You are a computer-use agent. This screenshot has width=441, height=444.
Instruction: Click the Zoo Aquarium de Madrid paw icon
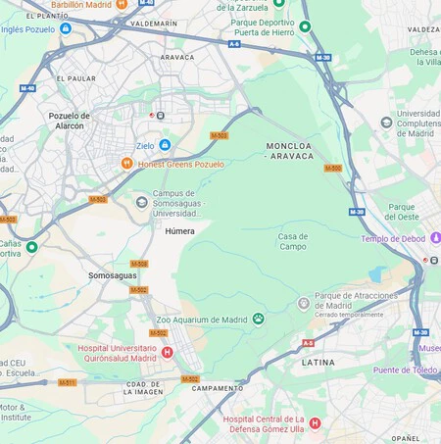(259, 319)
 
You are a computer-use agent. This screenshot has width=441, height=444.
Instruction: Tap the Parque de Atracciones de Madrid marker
(304, 304)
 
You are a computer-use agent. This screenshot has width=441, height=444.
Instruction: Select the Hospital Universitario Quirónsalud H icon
(167, 352)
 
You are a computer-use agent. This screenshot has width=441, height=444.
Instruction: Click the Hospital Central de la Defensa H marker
(315, 423)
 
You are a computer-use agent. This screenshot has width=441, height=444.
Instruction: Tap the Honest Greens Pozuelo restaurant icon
(126, 164)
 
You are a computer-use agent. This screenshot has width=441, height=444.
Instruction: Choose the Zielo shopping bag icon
(165, 145)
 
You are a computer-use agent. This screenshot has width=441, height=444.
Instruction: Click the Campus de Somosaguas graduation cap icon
(141, 201)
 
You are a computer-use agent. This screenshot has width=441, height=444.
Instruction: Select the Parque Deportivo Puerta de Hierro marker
(305, 26)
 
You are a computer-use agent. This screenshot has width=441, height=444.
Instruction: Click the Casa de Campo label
(292, 241)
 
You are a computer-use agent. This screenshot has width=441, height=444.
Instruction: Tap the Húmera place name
(179, 231)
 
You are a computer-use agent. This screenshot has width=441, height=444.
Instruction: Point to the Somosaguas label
(113, 275)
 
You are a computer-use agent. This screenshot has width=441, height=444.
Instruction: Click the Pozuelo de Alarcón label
(69, 121)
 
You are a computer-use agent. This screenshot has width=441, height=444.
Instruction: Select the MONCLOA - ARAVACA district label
(290, 150)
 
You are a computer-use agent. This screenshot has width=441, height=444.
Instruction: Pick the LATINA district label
(318, 362)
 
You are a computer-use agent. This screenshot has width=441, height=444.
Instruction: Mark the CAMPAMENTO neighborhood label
(218, 388)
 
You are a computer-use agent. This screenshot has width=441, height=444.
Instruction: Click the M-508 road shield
(139, 264)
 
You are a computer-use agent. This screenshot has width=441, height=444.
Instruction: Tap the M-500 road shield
(333, 168)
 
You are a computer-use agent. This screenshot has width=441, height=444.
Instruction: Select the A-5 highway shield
(308, 343)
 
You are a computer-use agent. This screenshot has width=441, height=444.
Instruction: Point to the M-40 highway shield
(27, 88)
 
